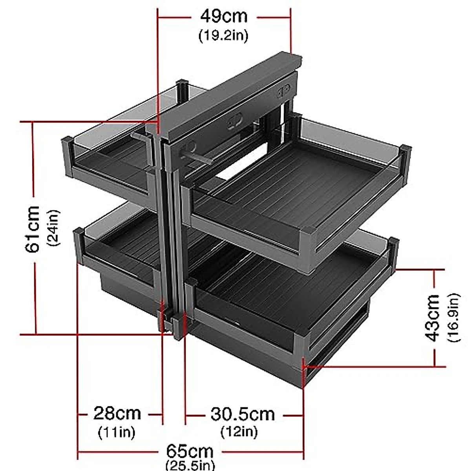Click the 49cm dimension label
point(224,16)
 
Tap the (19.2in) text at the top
point(224,35)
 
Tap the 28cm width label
point(117,413)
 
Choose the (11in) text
point(116,432)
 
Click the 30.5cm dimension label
point(243,414)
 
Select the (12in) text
point(239,432)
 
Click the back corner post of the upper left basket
point(183,90)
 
